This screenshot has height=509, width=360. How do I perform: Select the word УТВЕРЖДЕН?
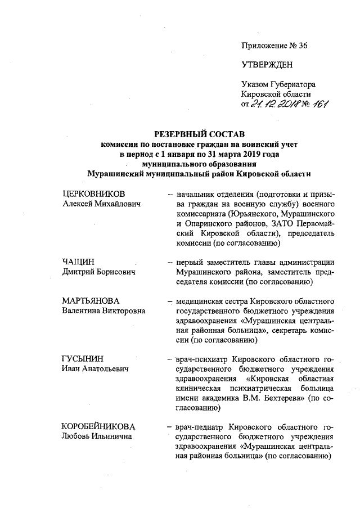pyautogui.click(x=267, y=65)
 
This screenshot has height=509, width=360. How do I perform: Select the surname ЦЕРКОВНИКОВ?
pyautogui.click(x=93, y=193)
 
